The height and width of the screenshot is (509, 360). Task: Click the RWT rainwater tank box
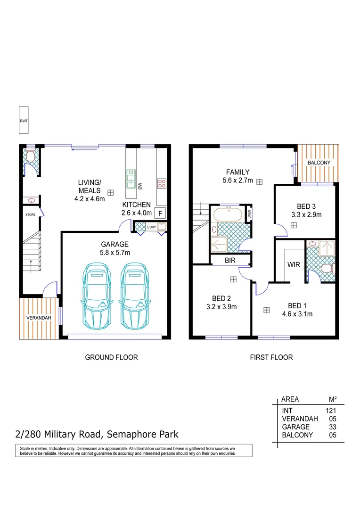tap(24, 121)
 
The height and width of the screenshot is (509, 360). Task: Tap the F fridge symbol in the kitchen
tap(160, 213)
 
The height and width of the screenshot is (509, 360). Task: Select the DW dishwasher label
tap(140, 186)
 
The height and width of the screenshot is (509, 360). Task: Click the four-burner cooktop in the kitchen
tap(162, 183)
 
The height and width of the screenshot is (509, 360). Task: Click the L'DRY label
tap(151, 228)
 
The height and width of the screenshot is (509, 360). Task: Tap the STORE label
tap(31, 214)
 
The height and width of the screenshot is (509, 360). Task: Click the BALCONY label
tap(319, 163)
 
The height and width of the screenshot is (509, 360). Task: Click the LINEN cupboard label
tap(249, 214)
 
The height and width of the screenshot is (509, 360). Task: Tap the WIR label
tap(294, 265)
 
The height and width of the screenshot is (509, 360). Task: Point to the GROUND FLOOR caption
tap(111, 357)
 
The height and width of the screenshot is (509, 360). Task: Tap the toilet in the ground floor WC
tap(30, 156)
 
